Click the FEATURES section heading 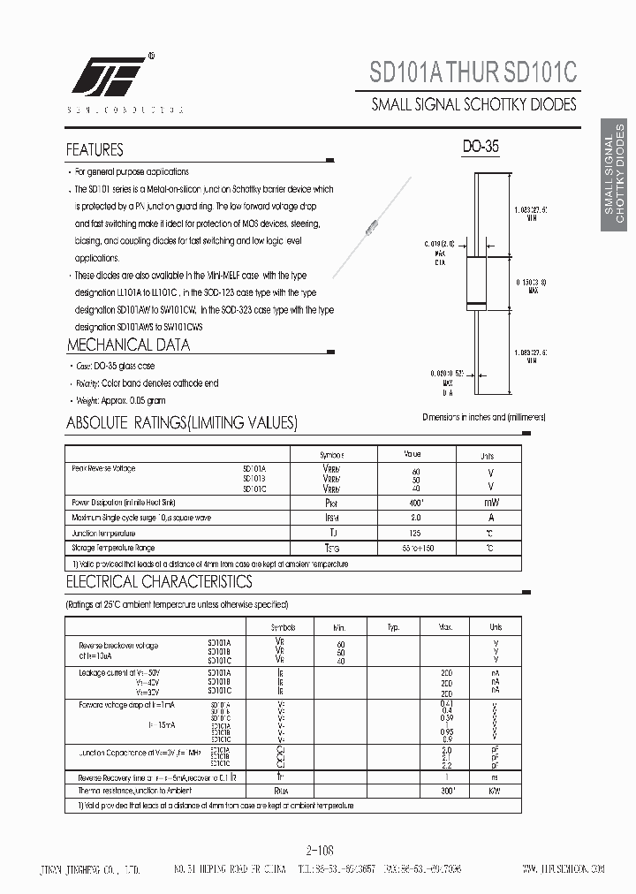point(95,150)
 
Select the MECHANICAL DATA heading point(128,345)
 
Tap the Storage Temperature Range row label point(112,549)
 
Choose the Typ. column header point(393,626)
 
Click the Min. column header point(341,626)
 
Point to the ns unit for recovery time point(496,777)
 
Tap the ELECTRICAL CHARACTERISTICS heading point(159,582)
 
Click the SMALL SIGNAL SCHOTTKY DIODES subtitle point(473,104)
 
